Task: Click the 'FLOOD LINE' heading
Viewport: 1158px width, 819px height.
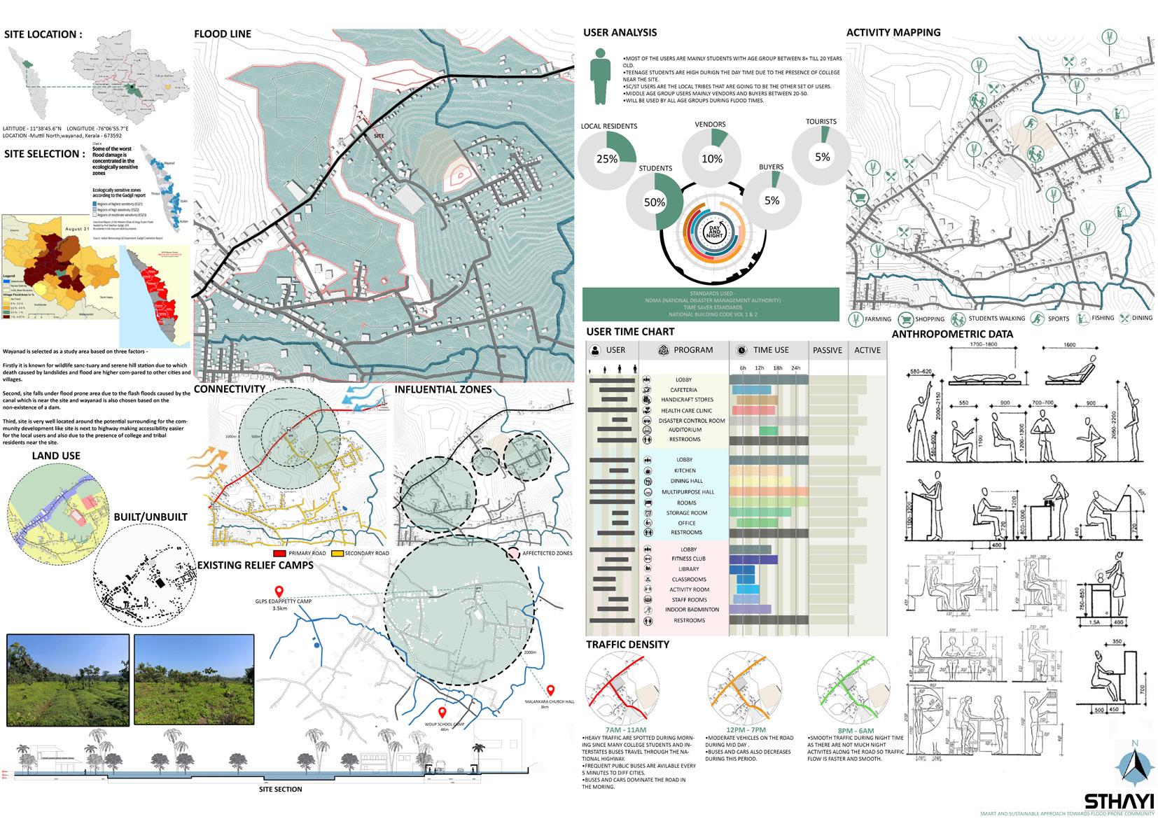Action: pos(222,34)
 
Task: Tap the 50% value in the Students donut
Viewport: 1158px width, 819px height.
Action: pos(655,202)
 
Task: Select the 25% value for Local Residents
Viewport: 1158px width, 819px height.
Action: pos(607,159)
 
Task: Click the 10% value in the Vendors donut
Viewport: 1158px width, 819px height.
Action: pos(711,159)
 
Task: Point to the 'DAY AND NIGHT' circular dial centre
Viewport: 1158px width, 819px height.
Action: pos(714,231)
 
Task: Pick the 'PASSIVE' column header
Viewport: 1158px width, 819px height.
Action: pos(827,350)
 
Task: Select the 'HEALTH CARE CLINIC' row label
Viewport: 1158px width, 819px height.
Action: pos(686,411)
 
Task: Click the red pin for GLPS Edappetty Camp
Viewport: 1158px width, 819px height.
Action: pos(279,591)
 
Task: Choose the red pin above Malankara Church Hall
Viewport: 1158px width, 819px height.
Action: pos(550,690)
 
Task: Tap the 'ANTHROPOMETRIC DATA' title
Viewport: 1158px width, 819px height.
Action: pos(952,334)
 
